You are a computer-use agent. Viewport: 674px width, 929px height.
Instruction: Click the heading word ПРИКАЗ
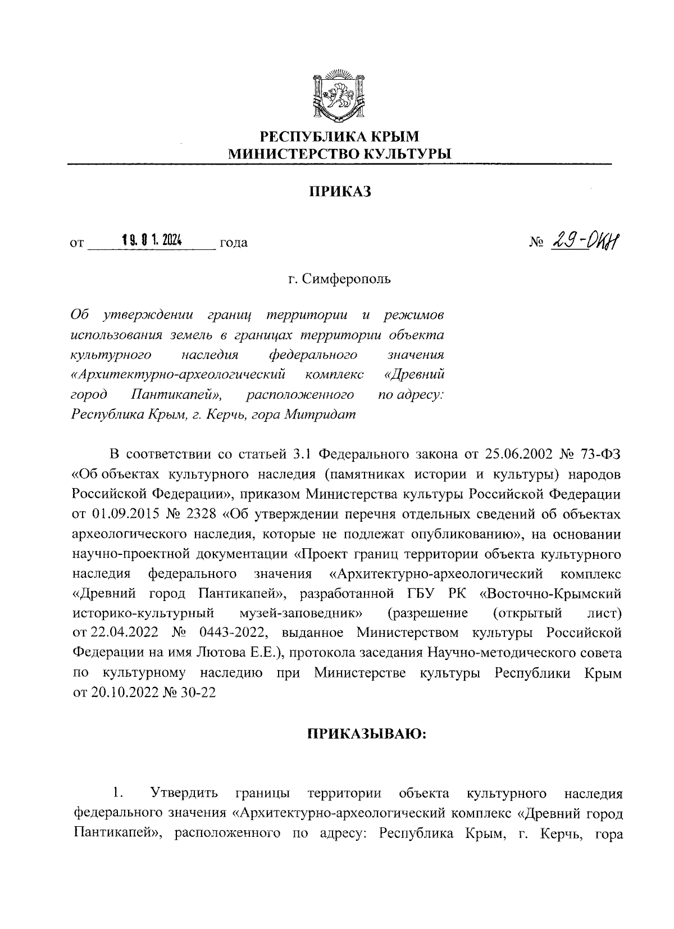pos(339,192)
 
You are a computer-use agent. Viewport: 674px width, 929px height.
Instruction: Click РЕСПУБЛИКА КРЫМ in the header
pos(339,136)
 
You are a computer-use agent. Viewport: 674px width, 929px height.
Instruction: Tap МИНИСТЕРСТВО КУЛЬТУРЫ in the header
pos(339,153)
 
